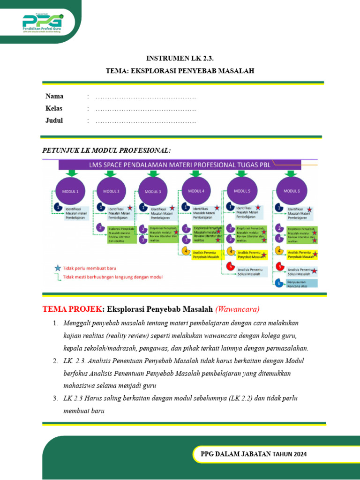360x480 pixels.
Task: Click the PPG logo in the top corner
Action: click(x=43, y=22)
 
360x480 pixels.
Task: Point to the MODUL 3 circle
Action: click(x=153, y=191)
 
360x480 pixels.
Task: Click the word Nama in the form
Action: click(x=54, y=96)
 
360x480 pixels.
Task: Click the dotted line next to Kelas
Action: click(x=145, y=109)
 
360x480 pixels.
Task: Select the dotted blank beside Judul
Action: click(x=145, y=121)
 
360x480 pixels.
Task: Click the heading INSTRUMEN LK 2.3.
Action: click(x=180, y=58)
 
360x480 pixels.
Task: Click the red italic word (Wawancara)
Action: click(x=237, y=309)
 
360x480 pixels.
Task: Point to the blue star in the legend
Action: click(x=58, y=268)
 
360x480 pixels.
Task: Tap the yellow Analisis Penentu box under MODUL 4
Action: click(x=206, y=254)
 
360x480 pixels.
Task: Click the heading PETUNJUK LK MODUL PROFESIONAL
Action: click(x=106, y=150)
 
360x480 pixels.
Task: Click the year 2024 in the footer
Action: click(x=299, y=454)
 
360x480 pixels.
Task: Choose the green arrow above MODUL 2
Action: click(x=112, y=173)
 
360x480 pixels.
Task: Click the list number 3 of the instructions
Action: click(x=55, y=398)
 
